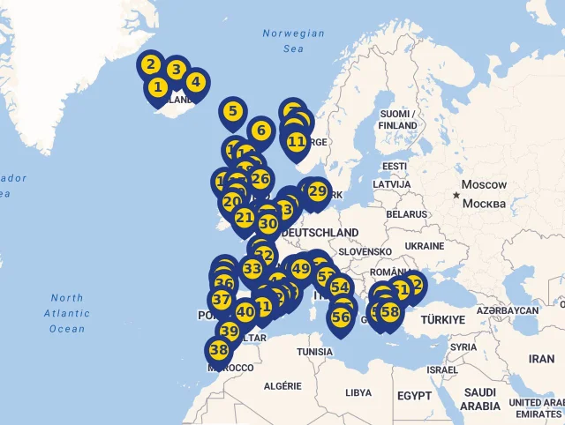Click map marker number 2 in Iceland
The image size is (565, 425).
coord(151,64)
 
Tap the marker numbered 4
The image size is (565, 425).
coord(195,83)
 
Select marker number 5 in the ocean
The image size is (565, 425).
coord(232,111)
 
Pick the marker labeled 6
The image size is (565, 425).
coord(260,131)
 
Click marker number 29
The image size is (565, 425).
coord(317,191)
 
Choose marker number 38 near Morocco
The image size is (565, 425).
coord(219,350)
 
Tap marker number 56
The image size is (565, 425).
coord(341,317)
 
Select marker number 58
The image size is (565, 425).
coord(389,312)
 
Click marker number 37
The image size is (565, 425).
coord(222,300)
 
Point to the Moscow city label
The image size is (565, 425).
coord(485,185)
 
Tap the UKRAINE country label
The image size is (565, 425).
coord(425,246)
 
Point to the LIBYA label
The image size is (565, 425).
coord(358,392)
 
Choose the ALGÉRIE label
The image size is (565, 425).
coord(283,386)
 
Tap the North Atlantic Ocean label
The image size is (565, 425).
coord(67,313)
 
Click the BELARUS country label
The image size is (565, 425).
coord(406,214)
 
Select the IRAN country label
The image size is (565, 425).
coord(541,359)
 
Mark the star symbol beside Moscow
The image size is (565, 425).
coord(456,194)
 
